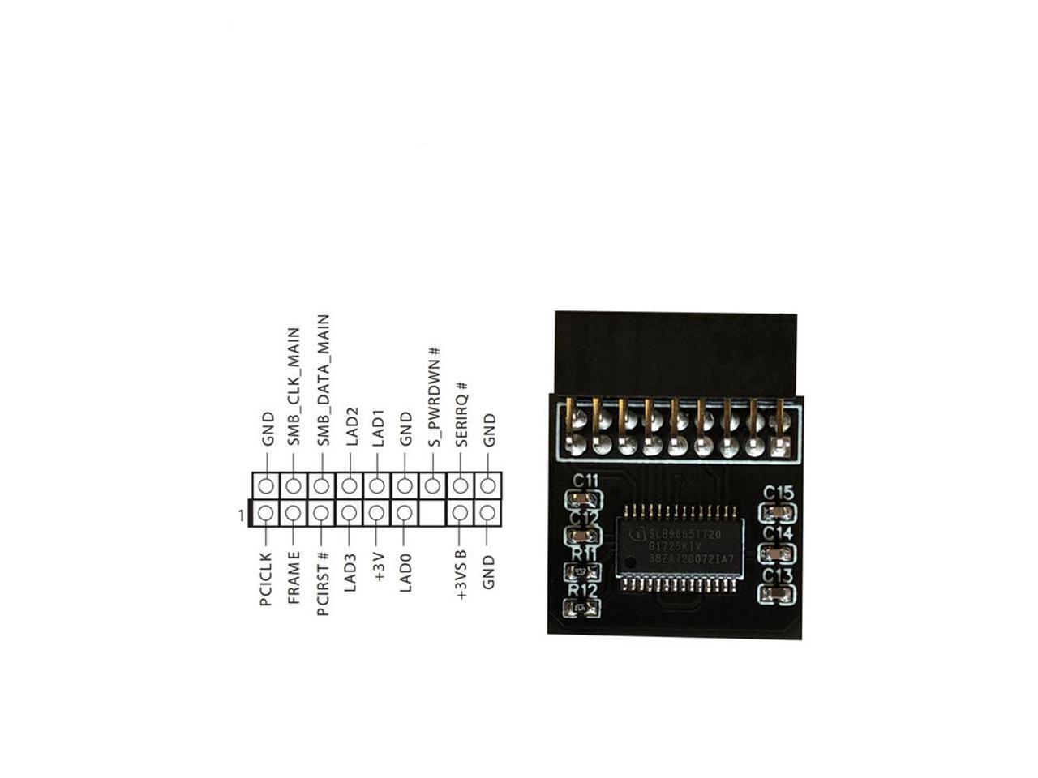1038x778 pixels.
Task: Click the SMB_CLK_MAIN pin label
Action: (x=294, y=387)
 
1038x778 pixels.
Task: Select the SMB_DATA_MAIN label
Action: (x=323, y=380)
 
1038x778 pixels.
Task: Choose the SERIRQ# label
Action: (x=461, y=414)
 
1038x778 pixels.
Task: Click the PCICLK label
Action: (x=265, y=579)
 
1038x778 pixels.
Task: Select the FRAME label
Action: (x=294, y=577)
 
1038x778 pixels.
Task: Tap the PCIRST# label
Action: (x=323, y=583)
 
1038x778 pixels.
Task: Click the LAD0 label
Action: (x=405, y=572)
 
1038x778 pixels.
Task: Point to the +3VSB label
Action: (x=461, y=575)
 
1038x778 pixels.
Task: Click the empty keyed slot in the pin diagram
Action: (x=433, y=513)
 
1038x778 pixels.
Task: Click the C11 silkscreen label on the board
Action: (x=584, y=481)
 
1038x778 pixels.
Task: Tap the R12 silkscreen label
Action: (x=582, y=591)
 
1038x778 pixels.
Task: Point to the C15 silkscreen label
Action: (x=778, y=493)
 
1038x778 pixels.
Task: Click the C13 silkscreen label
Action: (x=778, y=576)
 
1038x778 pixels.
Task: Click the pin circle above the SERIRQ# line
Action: (x=461, y=486)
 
